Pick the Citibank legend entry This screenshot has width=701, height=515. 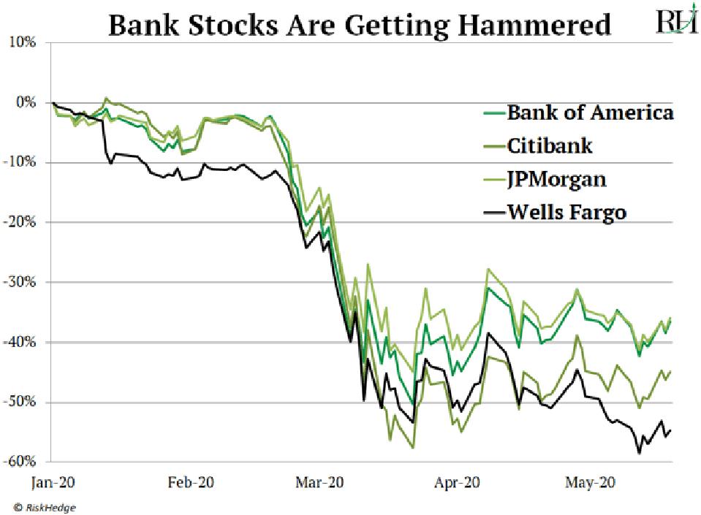point(549,145)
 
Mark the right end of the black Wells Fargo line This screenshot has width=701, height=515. point(671,430)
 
